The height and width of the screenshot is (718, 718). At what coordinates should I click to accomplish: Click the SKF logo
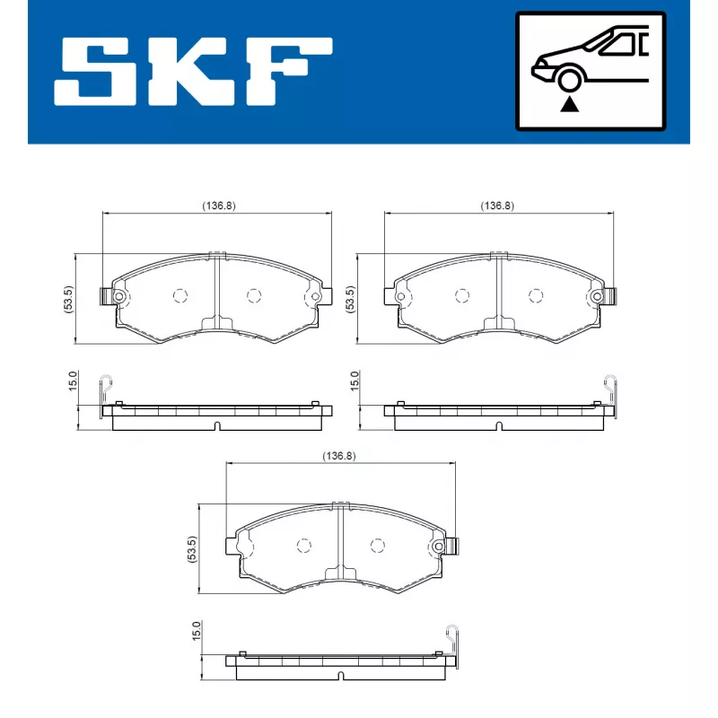point(193,71)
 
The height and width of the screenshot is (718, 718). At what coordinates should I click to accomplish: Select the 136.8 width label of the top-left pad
point(218,206)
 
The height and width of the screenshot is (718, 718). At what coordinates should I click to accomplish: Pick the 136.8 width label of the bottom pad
point(339,456)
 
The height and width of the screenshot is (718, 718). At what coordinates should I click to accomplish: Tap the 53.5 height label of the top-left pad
point(68,299)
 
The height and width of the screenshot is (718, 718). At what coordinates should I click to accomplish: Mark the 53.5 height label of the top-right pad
point(349,299)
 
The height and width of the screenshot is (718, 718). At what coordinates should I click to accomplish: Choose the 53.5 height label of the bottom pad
point(191,548)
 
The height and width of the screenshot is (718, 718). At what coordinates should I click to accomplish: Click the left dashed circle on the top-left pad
point(179,295)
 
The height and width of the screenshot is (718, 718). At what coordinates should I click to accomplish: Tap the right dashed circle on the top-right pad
point(536,295)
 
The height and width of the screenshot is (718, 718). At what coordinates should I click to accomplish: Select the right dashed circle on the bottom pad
point(377,545)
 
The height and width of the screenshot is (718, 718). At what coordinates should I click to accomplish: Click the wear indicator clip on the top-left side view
point(107,386)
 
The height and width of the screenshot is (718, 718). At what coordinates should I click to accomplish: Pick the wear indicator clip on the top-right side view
point(611,386)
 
